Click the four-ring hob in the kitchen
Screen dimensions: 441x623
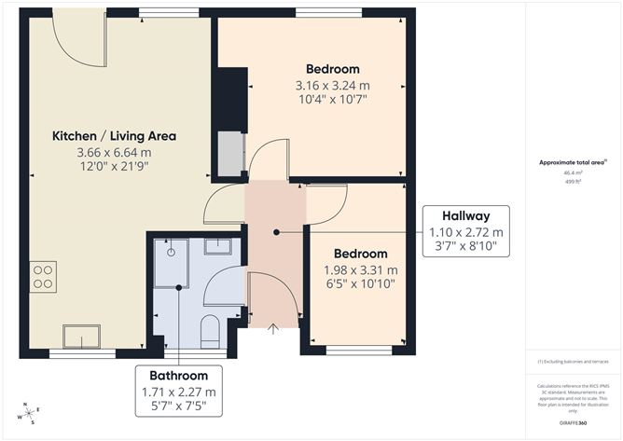(43, 276)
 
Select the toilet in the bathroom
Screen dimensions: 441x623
(211, 331)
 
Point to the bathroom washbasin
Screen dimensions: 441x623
(219, 247)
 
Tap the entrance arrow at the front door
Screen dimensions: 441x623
(273, 328)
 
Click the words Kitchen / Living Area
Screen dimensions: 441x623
(114, 136)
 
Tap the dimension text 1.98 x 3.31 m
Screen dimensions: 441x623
(360, 270)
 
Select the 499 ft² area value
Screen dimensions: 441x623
(572, 182)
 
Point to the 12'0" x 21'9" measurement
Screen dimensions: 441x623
(114, 166)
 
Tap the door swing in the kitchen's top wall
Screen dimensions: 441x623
(79, 39)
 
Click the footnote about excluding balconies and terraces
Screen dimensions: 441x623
(572, 361)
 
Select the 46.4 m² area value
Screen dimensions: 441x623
(572, 172)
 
